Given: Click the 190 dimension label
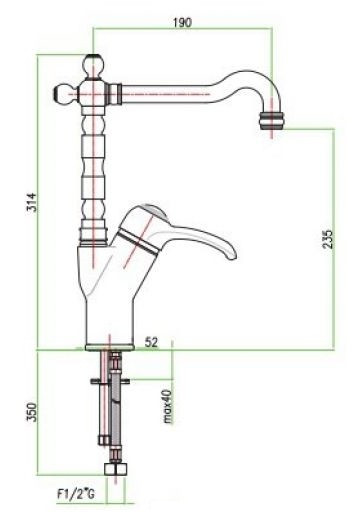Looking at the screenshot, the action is [183, 22].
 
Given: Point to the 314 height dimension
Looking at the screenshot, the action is [32, 202].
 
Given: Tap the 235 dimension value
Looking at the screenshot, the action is [328, 239].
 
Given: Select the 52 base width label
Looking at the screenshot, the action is [151, 342].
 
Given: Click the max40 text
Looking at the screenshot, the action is [168, 406].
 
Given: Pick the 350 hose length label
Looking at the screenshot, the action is [32, 412].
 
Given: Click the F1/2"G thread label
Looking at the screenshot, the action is [76, 494].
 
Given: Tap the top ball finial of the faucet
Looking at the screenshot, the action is [93, 66].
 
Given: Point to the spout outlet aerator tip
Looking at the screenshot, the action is [272, 120].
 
